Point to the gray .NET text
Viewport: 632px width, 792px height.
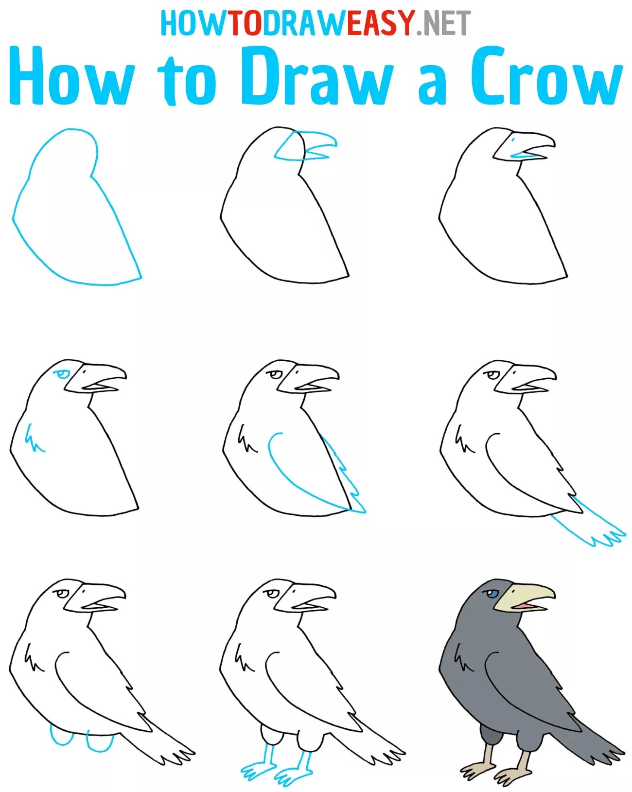point(443,23)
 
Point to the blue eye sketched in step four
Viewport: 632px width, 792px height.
point(61,375)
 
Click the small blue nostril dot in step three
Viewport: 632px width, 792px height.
point(513,140)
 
